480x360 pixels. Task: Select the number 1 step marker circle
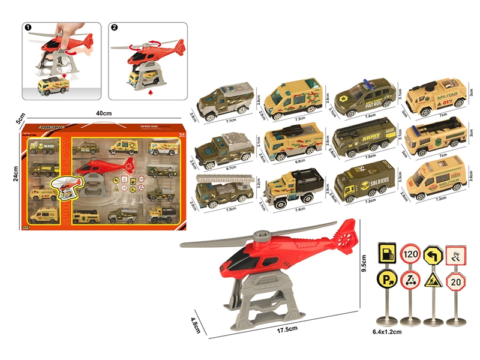pos(28,27)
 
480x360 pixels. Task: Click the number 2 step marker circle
pos(115,27)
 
